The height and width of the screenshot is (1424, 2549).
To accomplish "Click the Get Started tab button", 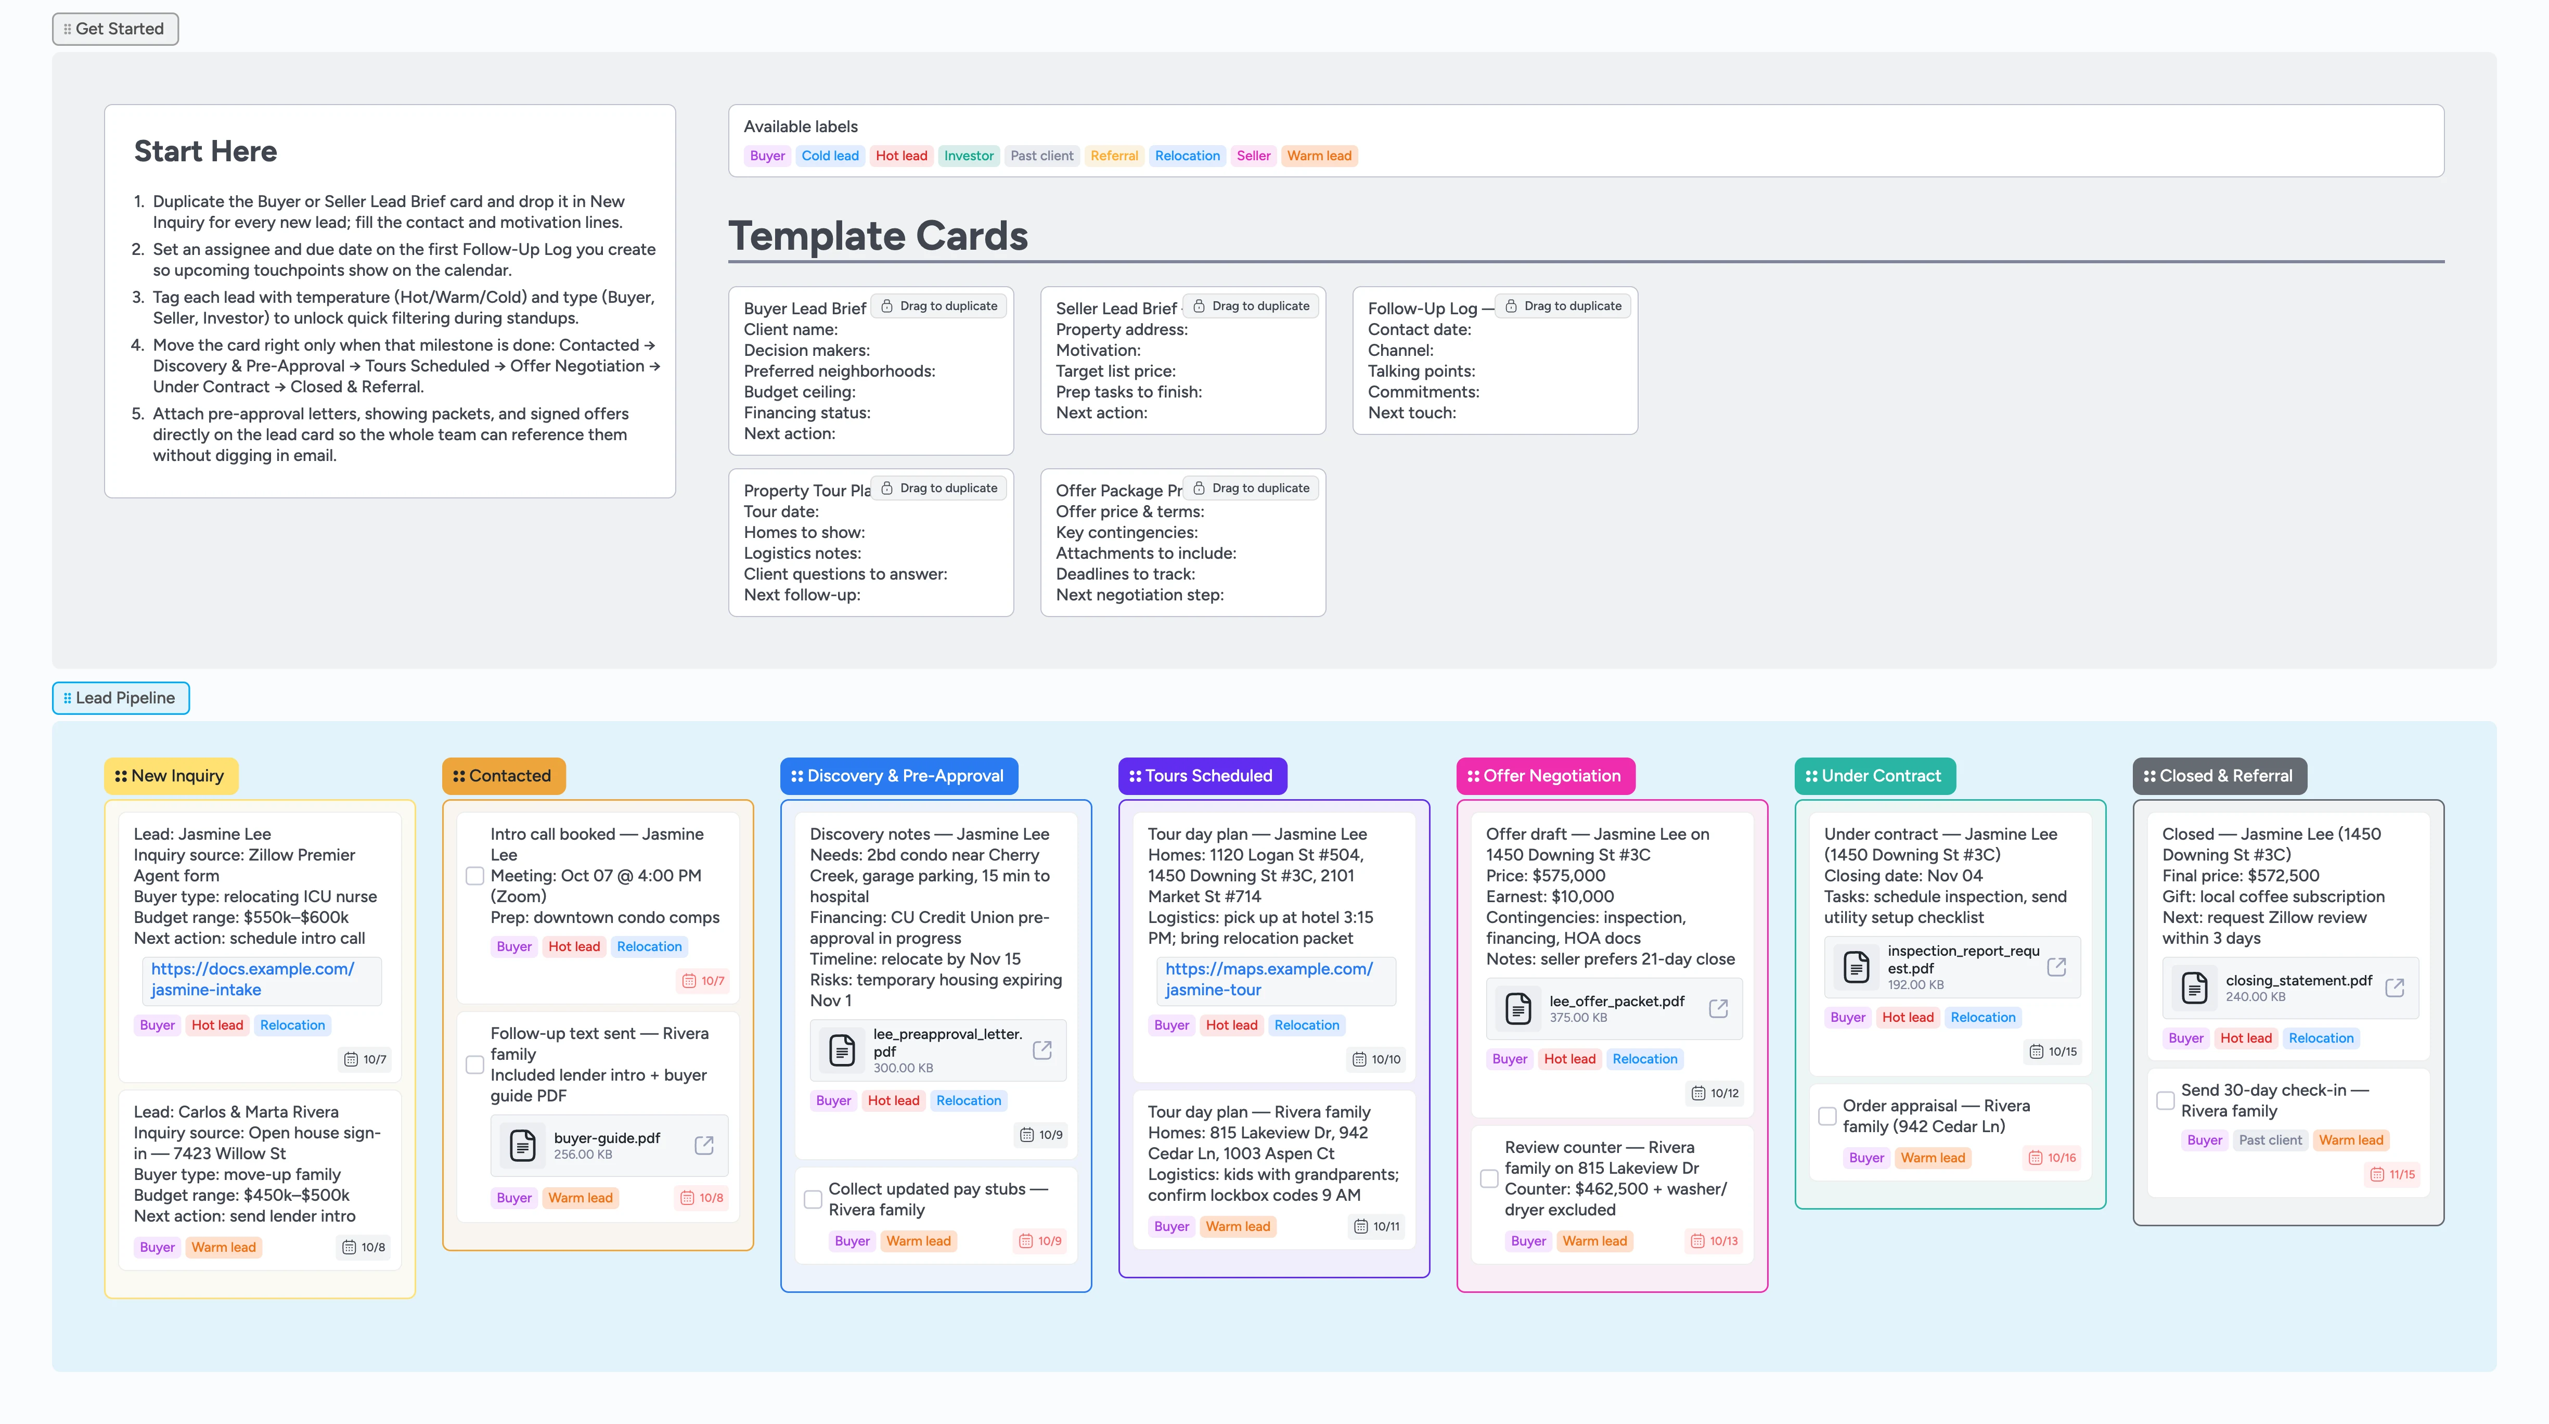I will (115, 29).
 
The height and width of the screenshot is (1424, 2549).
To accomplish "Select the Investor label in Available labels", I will (968, 156).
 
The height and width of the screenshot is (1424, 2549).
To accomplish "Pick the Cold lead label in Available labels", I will (829, 156).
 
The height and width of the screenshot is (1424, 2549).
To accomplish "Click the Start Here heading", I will (205, 151).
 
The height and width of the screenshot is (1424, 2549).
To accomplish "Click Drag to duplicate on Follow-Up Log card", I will (1563, 306).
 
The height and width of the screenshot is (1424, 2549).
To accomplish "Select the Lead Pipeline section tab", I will (121, 698).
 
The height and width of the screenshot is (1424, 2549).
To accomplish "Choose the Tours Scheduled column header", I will (1202, 776).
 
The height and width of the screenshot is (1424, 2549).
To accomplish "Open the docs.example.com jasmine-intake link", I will (252, 979).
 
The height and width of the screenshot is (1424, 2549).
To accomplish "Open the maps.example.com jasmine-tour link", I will (1269, 979).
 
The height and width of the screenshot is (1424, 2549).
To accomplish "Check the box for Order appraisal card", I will (1826, 1116).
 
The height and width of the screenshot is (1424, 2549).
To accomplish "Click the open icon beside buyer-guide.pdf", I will (703, 1145).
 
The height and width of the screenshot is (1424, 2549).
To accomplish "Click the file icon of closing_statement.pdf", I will (2194, 987).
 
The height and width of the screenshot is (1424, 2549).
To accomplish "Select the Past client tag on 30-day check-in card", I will (2270, 1140).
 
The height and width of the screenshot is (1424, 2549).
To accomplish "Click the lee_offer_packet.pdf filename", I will (1616, 1002).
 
